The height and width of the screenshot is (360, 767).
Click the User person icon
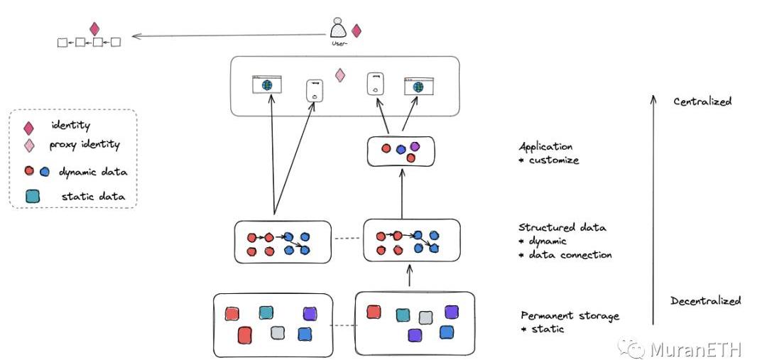click(x=338, y=29)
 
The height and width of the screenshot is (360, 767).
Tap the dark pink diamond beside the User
click(x=357, y=31)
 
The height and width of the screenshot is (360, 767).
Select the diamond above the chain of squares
click(x=94, y=28)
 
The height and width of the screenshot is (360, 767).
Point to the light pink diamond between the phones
click(x=340, y=75)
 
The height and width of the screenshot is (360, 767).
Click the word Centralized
click(x=702, y=102)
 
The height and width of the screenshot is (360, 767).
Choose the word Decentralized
click(x=705, y=301)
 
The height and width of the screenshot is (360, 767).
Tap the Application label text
click(x=545, y=147)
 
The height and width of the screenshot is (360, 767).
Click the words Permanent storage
click(x=570, y=315)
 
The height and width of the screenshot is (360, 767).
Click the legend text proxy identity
click(x=85, y=145)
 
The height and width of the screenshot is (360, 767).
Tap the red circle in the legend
click(x=29, y=171)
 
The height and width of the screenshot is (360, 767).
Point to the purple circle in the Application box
click(x=415, y=146)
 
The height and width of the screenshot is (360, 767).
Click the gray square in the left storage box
click(x=278, y=332)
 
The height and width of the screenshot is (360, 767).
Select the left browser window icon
click(x=267, y=84)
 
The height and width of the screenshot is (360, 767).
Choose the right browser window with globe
click(x=418, y=86)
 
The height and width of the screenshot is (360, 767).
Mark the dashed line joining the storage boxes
click(x=344, y=327)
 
